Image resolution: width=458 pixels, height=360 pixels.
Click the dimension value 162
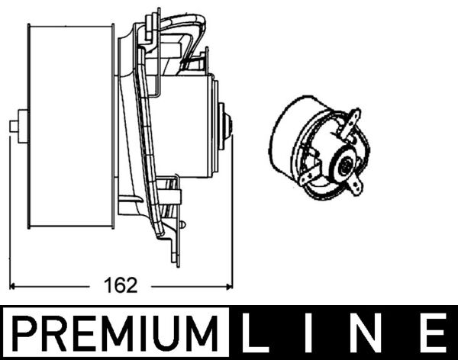coord(122,286)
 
